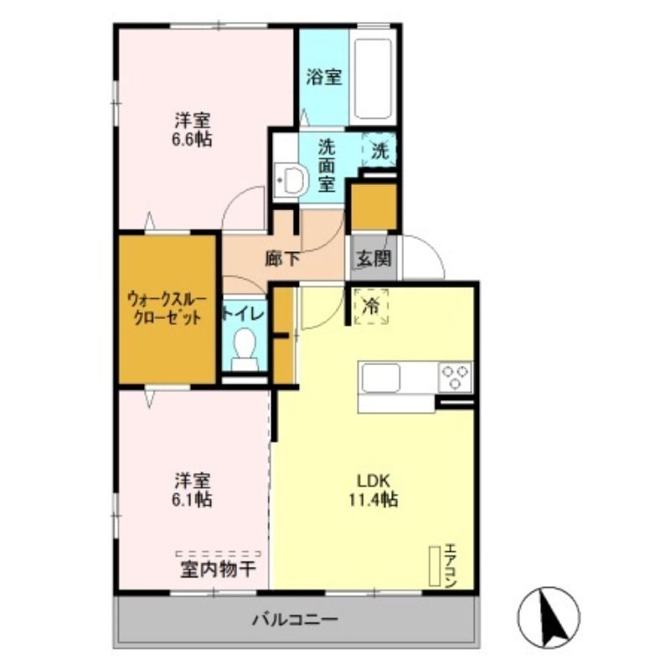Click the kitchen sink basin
coord(381,378)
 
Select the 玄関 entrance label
coord(373,259)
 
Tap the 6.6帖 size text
coord(193,139)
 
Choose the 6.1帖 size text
coord(193,500)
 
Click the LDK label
coord(374,482)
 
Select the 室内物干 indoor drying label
coord(218,570)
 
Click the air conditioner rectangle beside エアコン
coord(434,567)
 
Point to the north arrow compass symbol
coord(549,617)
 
